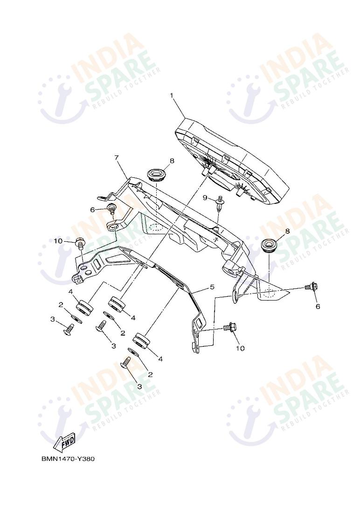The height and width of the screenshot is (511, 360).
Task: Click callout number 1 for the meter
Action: point(172,96)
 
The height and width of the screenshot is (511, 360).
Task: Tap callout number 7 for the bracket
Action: point(117,158)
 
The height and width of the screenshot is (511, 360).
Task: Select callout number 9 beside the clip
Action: point(205,198)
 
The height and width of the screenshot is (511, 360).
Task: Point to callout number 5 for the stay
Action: point(212,287)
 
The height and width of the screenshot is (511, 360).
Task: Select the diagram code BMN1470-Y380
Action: point(68,459)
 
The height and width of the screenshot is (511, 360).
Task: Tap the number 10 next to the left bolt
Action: point(58,241)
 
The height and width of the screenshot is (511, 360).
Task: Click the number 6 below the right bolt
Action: point(318,307)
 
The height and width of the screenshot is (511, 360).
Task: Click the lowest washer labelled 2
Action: point(133,351)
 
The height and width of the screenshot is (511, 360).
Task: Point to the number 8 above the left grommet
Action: point(172,161)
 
